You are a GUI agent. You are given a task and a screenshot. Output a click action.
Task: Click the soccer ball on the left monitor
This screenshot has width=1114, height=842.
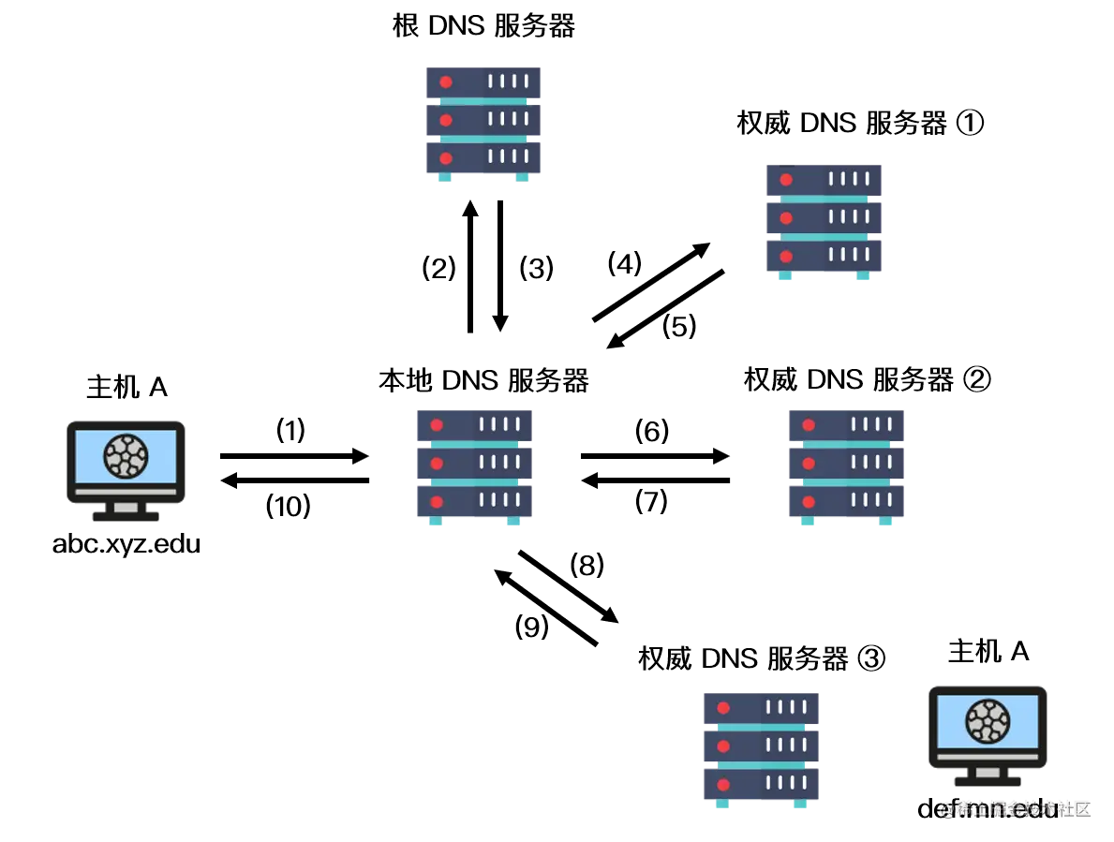click(126, 456)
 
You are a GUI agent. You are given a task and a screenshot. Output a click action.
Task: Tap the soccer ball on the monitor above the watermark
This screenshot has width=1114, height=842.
click(988, 720)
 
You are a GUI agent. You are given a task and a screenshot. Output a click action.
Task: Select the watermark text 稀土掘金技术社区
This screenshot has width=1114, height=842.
click(1016, 808)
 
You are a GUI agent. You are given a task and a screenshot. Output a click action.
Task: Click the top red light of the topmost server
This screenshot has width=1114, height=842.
click(446, 82)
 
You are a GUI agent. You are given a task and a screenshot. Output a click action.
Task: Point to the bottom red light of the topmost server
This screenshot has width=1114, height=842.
click(446, 157)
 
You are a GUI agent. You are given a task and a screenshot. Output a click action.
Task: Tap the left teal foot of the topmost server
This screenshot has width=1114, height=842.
click(446, 178)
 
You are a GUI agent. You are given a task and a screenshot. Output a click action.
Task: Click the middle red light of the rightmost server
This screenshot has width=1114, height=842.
click(809, 463)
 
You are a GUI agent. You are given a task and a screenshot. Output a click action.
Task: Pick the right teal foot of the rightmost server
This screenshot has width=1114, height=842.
click(884, 523)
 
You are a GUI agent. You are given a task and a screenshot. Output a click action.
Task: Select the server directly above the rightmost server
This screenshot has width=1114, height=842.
click(824, 222)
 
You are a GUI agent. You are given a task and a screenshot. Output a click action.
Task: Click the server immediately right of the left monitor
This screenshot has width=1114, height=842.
click(472, 465)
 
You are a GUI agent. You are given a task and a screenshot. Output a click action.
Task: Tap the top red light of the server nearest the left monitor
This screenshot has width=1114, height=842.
click(437, 425)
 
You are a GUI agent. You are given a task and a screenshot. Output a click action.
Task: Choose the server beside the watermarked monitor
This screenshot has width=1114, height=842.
click(760, 746)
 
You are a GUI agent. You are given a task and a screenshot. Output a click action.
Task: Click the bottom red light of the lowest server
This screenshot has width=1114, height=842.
click(723, 784)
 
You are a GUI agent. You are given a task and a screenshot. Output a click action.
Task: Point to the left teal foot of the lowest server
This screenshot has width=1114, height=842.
click(722, 803)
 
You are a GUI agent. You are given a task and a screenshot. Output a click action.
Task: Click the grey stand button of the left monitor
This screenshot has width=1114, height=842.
click(126, 508)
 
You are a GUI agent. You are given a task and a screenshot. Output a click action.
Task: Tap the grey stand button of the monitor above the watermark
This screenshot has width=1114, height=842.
click(988, 773)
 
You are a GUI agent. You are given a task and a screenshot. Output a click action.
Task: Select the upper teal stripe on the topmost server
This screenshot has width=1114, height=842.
click(483, 101)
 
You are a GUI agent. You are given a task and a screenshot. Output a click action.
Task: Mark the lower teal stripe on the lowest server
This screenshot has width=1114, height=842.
click(761, 765)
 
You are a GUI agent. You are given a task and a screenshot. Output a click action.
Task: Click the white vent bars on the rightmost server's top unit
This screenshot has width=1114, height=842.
click(871, 424)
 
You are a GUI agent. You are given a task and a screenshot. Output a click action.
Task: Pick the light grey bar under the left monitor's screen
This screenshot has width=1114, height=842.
click(126, 491)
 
